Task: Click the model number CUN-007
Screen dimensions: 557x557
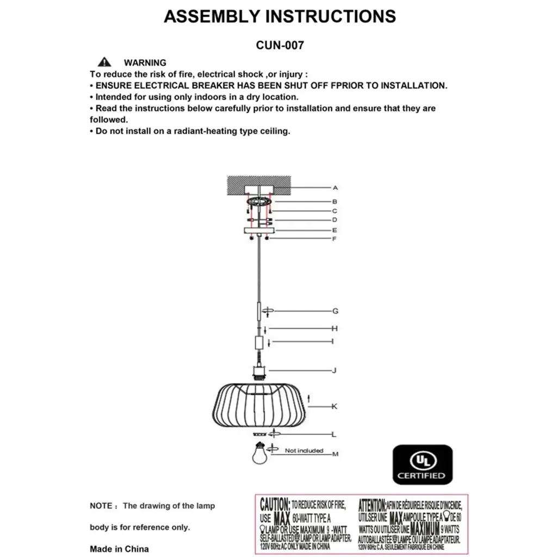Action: click(280, 46)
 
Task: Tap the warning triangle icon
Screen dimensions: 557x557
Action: click(104, 62)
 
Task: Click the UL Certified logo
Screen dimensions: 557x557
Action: click(423, 465)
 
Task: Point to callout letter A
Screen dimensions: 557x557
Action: click(335, 188)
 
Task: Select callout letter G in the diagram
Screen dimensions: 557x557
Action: click(336, 311)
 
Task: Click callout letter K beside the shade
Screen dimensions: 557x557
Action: click(335, 406)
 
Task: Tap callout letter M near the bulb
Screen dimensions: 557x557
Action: click(335, 454)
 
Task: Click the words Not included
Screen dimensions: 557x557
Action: click(304, 450)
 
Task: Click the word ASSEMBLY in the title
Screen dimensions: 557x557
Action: click(211, 16)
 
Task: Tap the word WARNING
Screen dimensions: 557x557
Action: click(145, 63)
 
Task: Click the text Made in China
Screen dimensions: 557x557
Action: click(119, 549)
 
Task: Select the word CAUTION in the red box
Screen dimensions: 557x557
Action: click(275, 504)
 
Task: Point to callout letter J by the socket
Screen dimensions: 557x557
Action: click(335, 370)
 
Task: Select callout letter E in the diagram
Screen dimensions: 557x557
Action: click(335, 230)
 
